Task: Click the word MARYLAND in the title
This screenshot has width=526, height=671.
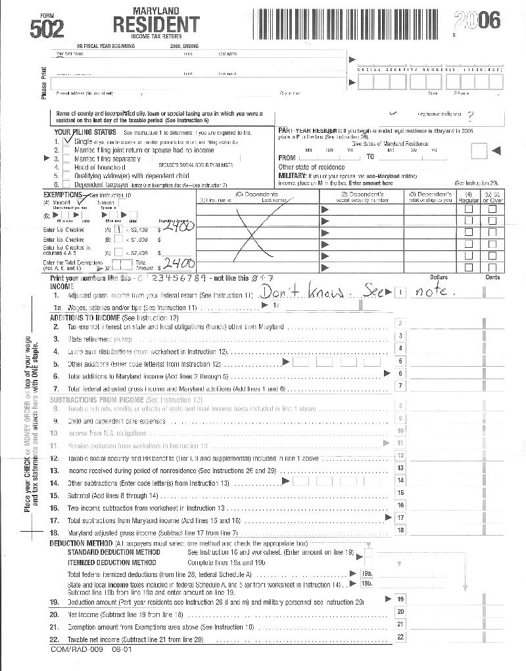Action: pos(156,11)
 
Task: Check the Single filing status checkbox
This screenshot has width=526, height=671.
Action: pos(66,141)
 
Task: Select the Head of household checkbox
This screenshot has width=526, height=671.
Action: pos(66,167)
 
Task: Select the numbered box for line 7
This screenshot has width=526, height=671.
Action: pos(400,386)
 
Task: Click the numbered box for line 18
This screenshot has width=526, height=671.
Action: pos(400,530)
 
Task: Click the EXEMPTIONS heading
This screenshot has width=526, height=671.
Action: pos(63,195)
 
